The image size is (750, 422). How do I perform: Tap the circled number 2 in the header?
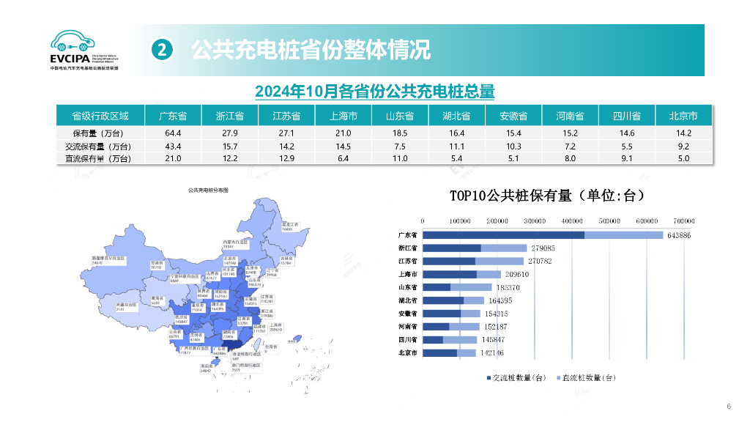[x=163, y=50]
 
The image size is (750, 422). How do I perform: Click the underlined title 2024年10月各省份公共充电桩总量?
[x=374, y=92]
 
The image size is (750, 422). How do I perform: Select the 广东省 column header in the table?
[x=173, y=116]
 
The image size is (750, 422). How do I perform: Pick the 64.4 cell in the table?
[x=173, y=133]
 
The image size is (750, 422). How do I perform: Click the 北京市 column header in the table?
[x=683, y=116]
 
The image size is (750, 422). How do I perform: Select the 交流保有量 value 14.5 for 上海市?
[x=343, y=147]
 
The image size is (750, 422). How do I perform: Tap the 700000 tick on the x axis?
[x=684, y=221]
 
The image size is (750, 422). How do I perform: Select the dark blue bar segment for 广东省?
[x=504, y=235]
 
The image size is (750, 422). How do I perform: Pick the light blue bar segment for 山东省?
[x=471, y=287]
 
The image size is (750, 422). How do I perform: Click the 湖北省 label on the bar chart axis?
[x=407, y=300]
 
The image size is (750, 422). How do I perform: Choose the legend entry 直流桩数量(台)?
[x=587, y=377]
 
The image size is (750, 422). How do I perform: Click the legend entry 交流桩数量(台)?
[x=516, y=377]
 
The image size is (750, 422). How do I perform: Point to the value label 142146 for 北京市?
[x=492, y=353]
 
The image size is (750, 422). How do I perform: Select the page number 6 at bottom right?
[x=728, y=407]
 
